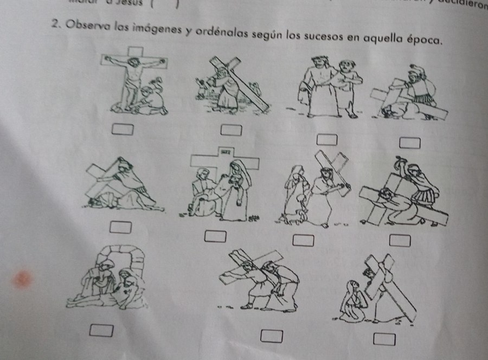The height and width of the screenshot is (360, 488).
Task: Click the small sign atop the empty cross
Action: click(224, 152)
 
